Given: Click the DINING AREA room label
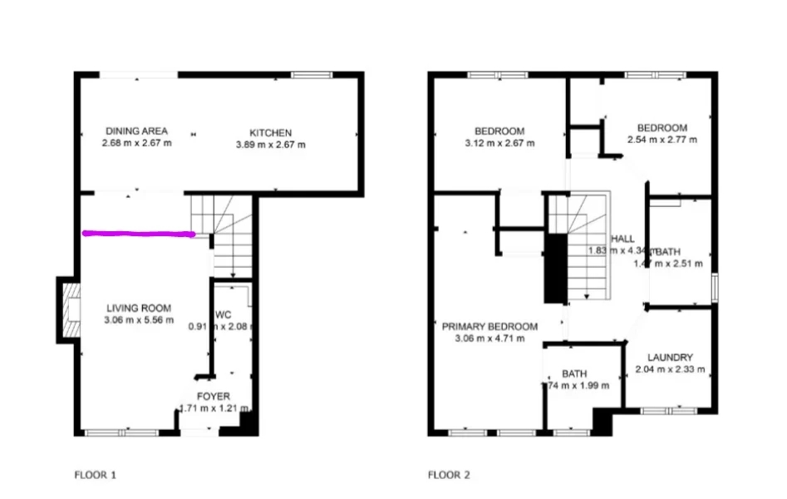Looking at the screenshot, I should point(136,131).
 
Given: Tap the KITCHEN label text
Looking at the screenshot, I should point(271,132).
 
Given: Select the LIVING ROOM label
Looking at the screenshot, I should point(139,308).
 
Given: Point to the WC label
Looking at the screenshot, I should point(222,315).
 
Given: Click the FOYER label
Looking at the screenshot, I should point(213,396).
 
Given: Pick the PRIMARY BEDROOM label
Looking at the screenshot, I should point(489,326).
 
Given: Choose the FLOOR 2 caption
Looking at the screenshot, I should point(449,476).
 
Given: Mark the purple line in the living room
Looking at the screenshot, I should point(139,235).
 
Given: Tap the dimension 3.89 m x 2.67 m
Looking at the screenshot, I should point(271,144).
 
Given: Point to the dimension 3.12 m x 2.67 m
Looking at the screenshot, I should point(499,143).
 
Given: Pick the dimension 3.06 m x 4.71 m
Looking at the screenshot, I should point(489,338).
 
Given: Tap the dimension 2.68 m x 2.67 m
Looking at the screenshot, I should point(136,143).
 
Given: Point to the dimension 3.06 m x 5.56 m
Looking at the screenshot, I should point(139,319).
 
